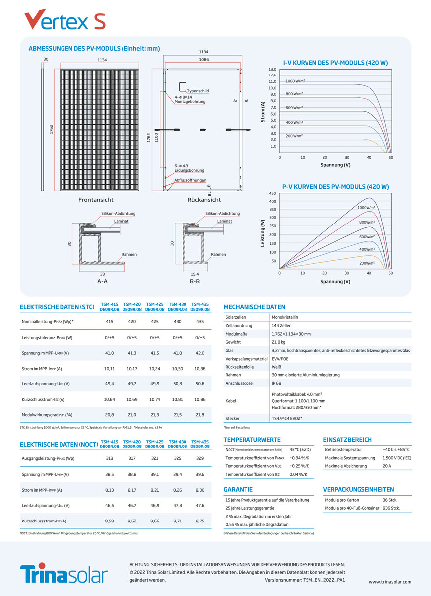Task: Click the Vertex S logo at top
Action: click(64, 20)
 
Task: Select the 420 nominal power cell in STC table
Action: click(132, 322)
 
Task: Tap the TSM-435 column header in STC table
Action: click(200, 306)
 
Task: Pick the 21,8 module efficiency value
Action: click(200, 415)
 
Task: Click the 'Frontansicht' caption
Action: click(96, 200)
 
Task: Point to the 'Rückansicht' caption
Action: click(204, 200)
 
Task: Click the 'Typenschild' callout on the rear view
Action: click(198, 91)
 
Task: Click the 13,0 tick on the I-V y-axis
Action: click(272, 69)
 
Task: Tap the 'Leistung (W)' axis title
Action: click(263, 233)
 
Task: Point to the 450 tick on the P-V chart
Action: click(272, 193)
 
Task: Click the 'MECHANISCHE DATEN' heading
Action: click(254, 307)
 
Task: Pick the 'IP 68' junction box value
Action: click(277, 383)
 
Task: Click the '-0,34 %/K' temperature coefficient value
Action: click(299, 457)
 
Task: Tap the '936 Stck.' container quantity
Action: click(391, 508)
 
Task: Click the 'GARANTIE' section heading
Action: click(238, 489)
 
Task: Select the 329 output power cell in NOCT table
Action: click(200, 458)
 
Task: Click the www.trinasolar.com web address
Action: click(390, 581)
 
